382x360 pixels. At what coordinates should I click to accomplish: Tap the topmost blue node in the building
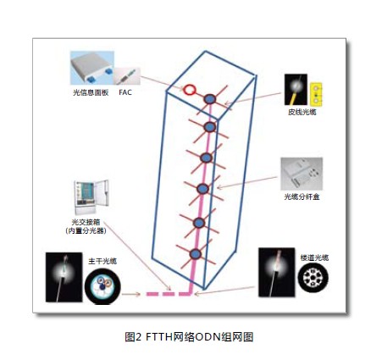click(x=210, y=99)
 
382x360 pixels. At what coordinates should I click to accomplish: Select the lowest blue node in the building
click(x=195, y=254)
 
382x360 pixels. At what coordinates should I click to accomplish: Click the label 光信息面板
click(x=91, y=92)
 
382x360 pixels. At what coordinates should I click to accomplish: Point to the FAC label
click(x=125, y=92)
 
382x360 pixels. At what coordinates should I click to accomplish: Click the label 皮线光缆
click(x=302, y=112)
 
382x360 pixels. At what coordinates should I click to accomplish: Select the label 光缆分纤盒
click(x=302, y=197)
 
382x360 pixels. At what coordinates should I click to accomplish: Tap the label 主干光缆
click(x=102, y=261)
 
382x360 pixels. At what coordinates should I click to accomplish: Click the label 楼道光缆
click(x=314, y=258)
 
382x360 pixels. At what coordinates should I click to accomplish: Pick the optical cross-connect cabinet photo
click(x=91, y=197)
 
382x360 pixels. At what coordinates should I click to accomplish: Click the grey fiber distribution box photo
click(x=302, y=174)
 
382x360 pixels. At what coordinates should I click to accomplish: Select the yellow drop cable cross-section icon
click(x=316, y=93)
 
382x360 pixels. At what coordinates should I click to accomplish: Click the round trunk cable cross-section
click(x=102, y=285)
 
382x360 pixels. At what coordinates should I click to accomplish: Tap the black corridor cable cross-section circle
click(x=313, y=278)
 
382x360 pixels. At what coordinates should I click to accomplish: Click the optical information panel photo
click(x=92, y=68)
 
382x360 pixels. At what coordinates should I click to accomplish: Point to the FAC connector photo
click(x=127, y=76)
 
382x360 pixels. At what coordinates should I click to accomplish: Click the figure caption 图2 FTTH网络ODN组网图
click(x=189, y=337)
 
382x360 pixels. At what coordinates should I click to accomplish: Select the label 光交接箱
click(x=86, y=222)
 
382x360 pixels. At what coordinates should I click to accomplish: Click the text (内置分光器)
click(x=86, y=231)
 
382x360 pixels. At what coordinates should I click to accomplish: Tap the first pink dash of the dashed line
click(x=152, y=294)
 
